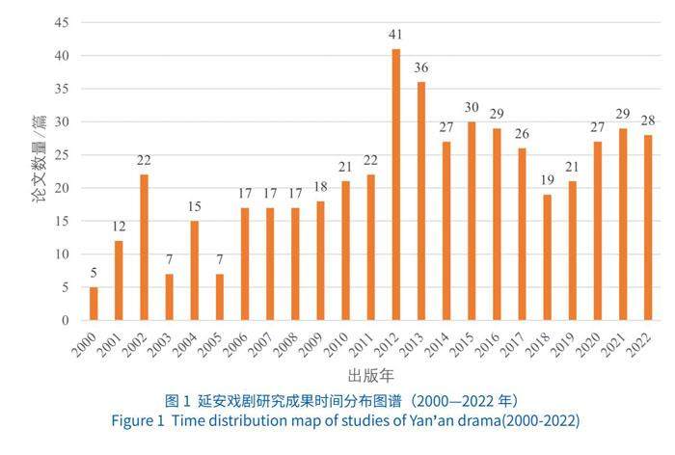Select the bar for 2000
[94, 304]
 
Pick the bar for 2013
[420, 201]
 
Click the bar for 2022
[647, 227]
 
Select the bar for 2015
[471, 221]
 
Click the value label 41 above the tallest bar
[395, 35]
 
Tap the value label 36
[420, 68]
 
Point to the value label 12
[119, 227]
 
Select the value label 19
[547, 180]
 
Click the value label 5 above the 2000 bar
[94, 273]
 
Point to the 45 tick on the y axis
[62, 22]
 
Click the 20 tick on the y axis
[62, 188]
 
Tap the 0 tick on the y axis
[65, 320]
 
